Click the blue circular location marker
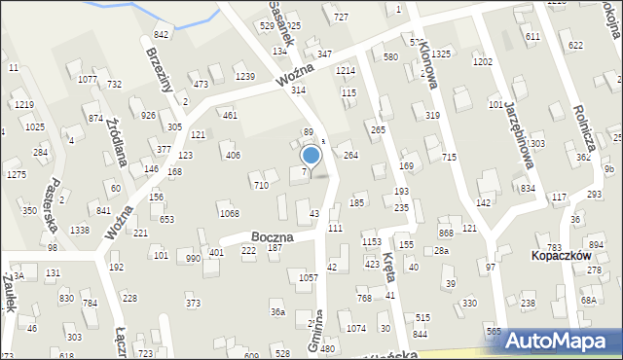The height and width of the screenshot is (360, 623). tap(311, 155)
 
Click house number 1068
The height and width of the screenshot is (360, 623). tap(229, 213)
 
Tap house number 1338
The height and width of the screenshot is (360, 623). tap(80, 230)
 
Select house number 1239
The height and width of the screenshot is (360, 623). tap(244, 76)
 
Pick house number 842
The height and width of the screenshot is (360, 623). tap(161, 34)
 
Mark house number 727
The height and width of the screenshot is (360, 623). tap(341, 18)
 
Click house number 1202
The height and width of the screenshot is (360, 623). tap(482, 61)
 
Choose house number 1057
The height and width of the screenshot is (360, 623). tap(309, 277)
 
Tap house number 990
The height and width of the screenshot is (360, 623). tap(193, 258)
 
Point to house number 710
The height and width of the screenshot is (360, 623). tap(260, 185)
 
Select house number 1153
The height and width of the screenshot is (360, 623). tap(371, 240)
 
